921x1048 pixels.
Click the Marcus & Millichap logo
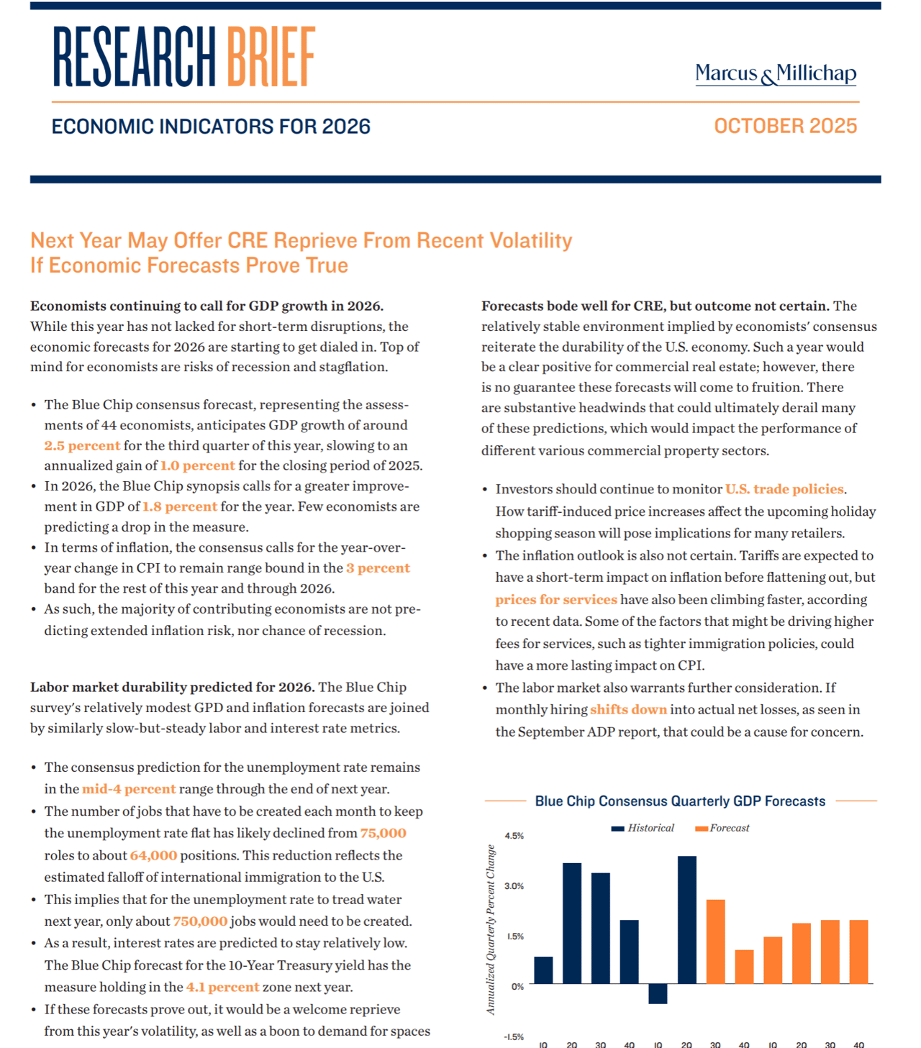click(776, 74)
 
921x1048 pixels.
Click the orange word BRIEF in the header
click(271, 57)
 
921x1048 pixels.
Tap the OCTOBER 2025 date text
click(785, 126)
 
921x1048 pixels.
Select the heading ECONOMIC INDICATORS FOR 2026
click(211, 127)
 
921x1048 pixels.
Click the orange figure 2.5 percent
click(82, 445)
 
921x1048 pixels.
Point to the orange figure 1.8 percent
click(180, 506)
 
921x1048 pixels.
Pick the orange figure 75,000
click(383, 833)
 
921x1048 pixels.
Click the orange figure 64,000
click(153, 855)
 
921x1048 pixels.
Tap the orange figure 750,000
click(200, 921)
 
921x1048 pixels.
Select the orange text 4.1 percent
click(222, 987)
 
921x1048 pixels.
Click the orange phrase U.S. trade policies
click(784, 489)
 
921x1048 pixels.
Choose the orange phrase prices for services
click(556, 599)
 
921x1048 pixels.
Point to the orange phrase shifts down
click(628, 709)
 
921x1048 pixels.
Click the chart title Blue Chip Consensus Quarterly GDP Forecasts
click(680, 801)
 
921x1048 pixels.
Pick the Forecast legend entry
click(722, 828)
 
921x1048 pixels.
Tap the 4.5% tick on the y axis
click(514, 836)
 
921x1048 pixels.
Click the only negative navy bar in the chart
click(658, 993)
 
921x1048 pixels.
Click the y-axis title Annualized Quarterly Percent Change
click(491, 929)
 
